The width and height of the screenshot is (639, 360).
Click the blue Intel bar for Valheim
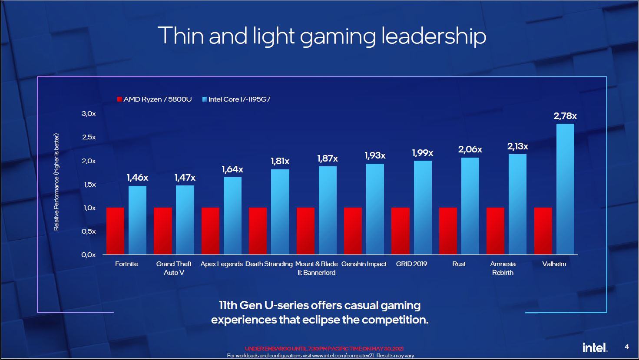[565, 189]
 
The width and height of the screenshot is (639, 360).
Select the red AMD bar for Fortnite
[115, 231]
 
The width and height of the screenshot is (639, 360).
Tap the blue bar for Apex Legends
[232, 215]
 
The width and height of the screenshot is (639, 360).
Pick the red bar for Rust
[448, 231]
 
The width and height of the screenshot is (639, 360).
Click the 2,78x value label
[565, 116]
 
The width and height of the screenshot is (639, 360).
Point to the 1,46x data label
[137, 178]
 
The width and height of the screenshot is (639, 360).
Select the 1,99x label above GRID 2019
[422, 153]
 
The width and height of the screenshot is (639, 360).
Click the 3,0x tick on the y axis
[89, 114]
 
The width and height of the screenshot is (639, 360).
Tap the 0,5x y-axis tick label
[89, 231]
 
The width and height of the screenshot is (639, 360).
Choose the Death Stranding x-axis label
[269, 264]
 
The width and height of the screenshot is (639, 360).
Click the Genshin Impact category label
[364, 264]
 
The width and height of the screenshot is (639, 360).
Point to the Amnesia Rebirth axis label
[503, 268]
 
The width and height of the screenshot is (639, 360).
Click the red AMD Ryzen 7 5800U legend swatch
[119, 99]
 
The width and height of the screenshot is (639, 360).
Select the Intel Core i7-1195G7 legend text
[239, 99]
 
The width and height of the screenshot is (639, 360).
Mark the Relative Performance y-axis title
[56, 182]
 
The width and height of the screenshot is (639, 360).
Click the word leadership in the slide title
[434, 36]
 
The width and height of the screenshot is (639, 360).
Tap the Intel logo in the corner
[595, 347]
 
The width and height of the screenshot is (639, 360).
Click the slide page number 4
[626, 347]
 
